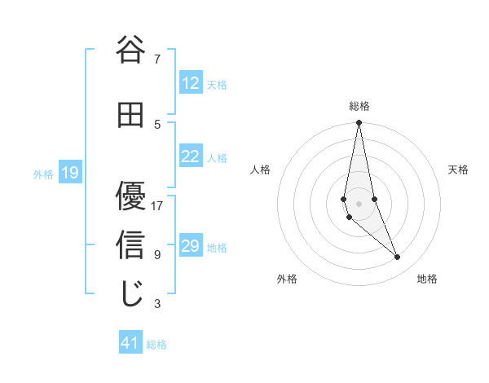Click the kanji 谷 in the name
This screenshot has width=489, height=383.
click(x=130, y=51)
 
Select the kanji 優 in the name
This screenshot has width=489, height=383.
click(x=130, y=196)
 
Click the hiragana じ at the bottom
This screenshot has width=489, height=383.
click(x=130, y=294)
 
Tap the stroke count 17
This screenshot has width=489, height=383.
click(x=157, y=205)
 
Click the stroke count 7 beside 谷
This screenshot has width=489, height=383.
click(x=157, y=59)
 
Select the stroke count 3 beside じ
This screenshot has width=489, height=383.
click(x=157, y=304)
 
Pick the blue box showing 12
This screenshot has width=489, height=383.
click(x=191, y=83)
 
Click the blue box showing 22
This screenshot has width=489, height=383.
click(x=191, y=156)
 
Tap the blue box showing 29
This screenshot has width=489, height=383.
click(x=191, y=246)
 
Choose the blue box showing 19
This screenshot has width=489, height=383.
click(x=70, y=173)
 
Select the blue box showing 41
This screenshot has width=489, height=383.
click(x=130, y=344)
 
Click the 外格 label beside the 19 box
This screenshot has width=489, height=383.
click(x=43, y=174)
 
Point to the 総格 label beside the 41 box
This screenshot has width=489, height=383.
click(x=157, y=345)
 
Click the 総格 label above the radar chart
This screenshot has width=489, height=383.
click(x=359, y=106)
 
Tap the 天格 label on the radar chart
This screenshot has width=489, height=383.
click(x=459, y=169)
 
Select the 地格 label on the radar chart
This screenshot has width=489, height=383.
click(x=427, y=279)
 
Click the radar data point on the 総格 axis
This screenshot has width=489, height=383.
click(x=359, y=123)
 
